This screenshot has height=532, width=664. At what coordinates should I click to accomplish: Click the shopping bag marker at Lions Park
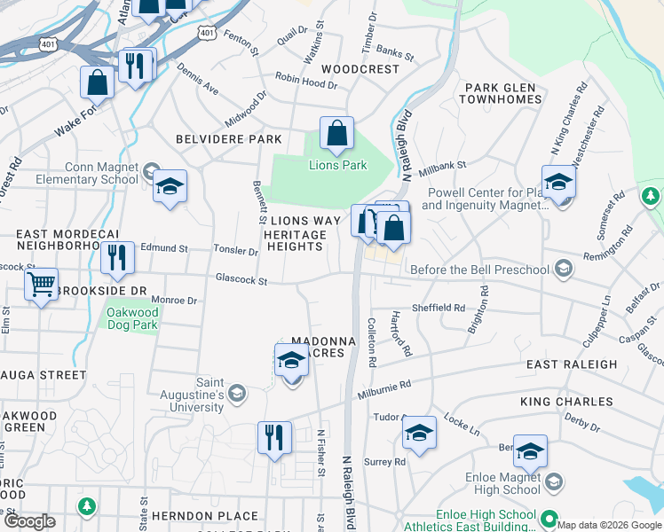337,134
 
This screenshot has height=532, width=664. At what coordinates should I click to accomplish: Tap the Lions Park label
337,165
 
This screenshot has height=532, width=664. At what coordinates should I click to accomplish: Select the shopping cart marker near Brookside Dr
41,286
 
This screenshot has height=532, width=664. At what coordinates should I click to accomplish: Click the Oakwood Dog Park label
131,318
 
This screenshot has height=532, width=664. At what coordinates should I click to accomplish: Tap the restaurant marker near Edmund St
117,258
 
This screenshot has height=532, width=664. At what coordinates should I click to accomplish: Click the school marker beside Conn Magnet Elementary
170,187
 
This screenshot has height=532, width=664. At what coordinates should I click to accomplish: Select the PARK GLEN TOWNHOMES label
501,93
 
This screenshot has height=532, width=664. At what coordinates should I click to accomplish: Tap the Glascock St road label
241,279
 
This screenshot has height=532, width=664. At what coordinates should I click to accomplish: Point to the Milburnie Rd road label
384,387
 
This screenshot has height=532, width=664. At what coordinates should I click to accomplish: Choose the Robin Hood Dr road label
306,82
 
